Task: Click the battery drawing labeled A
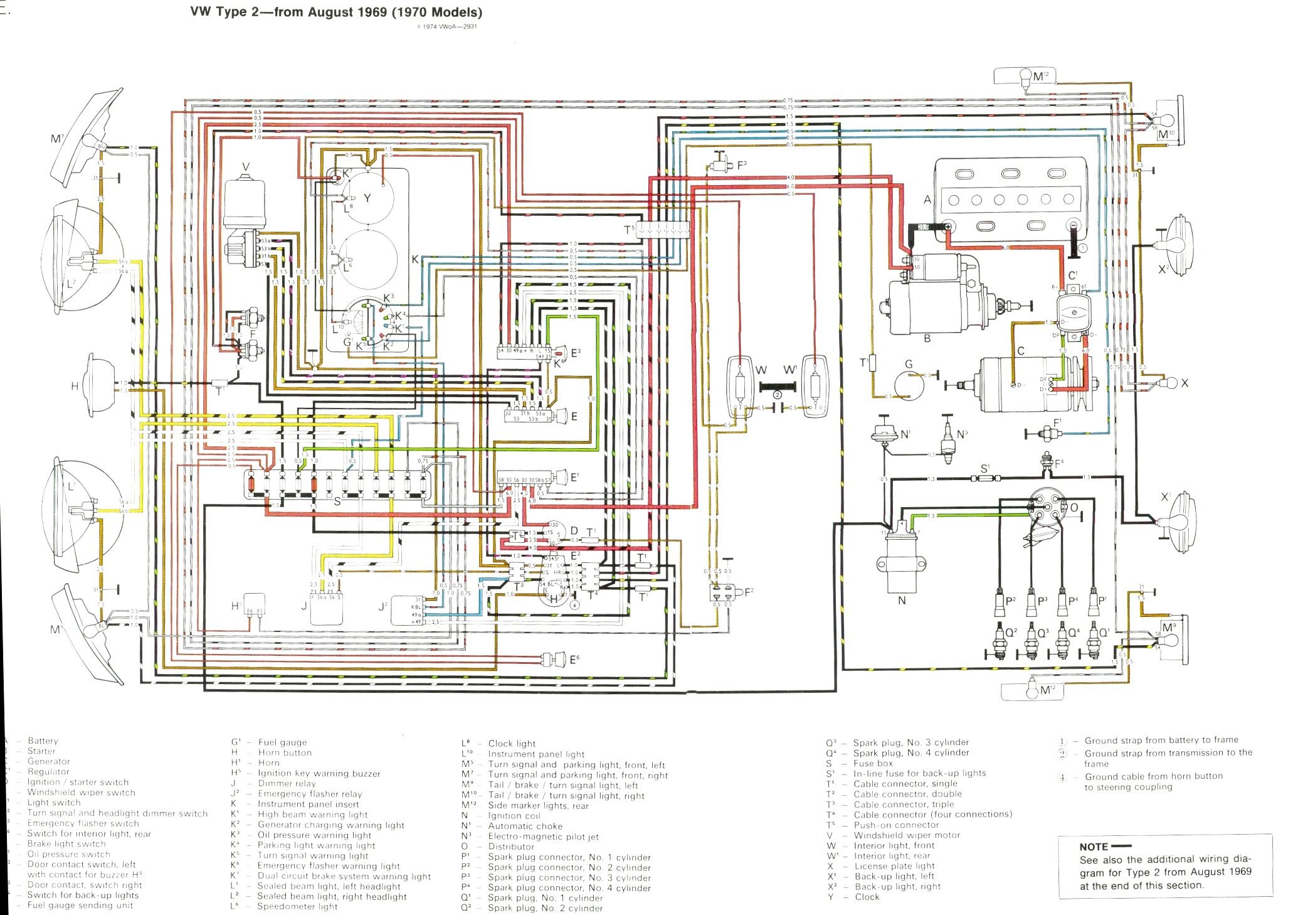coord(1010,201)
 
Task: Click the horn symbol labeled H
coord(100,384)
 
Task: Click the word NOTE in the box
coord(1094,847)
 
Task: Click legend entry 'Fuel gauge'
coord(282,742)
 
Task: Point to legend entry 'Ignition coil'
coord(514,816)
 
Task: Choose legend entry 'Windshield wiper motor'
coord(906,835)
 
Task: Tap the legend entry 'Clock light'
coord(512,743)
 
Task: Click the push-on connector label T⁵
coord(629,230)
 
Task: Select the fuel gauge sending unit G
coord(908,384)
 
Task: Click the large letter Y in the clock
coord(367,198)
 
